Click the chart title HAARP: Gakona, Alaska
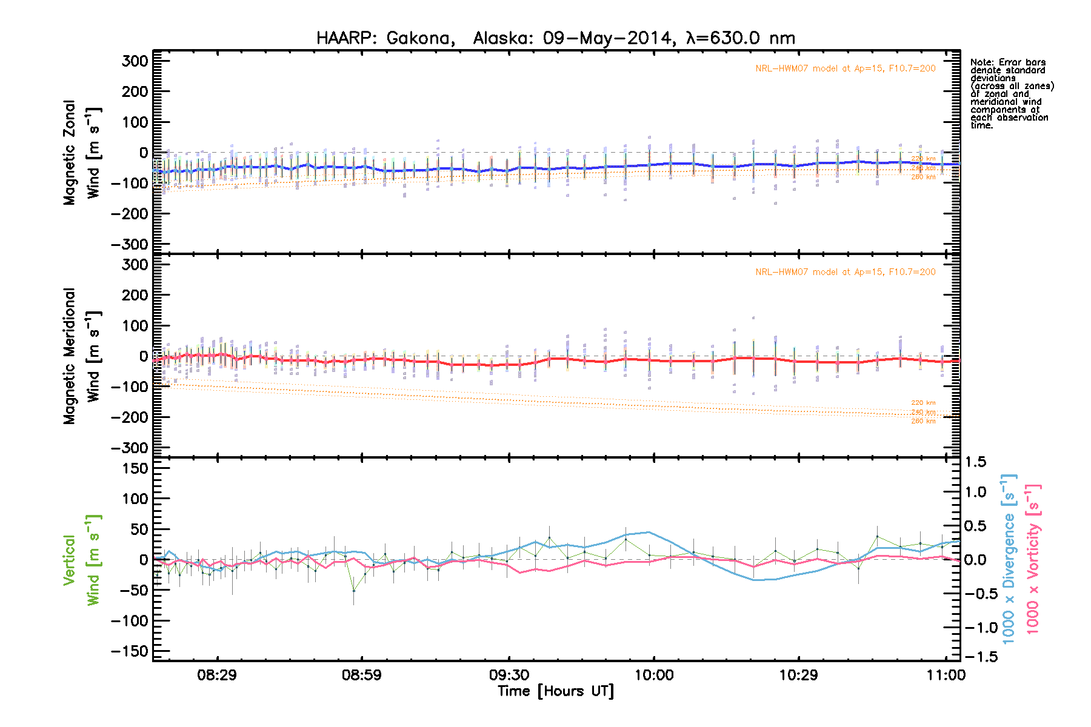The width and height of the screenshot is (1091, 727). (555, 38)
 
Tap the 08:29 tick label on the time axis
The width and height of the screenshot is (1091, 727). (216, 675)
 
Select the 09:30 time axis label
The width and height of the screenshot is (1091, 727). (509, 675)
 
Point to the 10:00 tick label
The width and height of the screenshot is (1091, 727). (653, 675)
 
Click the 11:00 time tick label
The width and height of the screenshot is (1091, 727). (946, 675)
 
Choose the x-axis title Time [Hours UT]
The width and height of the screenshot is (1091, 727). (555, 691)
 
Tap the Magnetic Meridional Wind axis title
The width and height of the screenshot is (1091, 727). (82, 356)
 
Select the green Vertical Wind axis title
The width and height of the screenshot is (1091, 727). (82, 560)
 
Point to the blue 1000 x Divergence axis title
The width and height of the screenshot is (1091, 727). (1009, 559)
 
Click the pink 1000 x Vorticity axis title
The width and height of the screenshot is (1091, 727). (1033, 559)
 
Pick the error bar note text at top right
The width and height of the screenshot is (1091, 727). (1011, 94)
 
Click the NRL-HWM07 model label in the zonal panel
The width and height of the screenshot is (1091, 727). (845, 68)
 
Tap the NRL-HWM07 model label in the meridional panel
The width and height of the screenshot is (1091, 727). (845, 272)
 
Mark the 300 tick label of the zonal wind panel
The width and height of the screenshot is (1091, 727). (135, 61)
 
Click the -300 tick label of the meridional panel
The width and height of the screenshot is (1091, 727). (130, 448)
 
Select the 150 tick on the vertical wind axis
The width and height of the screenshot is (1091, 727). (135, 468)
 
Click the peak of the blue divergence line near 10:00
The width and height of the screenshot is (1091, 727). (649, 532)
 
